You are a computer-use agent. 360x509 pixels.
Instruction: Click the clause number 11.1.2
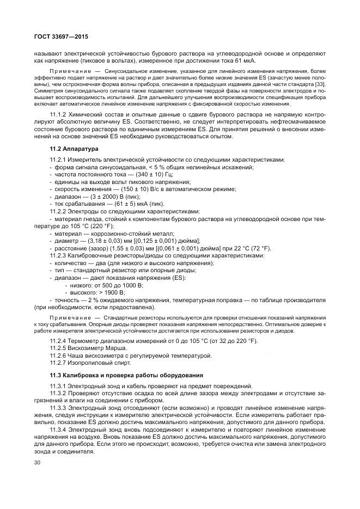pos(59,114)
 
